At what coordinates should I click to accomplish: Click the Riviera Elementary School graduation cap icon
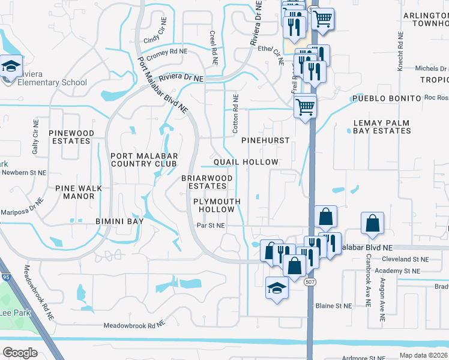point(11,67)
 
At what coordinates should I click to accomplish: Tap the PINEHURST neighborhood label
point(265,140)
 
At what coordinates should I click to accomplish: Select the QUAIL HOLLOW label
point(247,163)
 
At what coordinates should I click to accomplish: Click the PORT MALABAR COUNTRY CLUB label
point(144,159)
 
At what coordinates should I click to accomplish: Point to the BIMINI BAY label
point(119,221)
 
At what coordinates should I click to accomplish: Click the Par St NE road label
point(211,226)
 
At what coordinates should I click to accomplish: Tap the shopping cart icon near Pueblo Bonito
point(306,106)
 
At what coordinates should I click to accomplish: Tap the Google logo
point(20,352)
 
